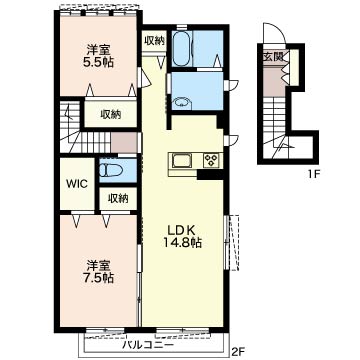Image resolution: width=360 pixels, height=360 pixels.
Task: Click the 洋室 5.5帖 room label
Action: [98, 56]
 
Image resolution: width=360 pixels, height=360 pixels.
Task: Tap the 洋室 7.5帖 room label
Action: [98, 272]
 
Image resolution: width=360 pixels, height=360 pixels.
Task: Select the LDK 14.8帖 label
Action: [182, 237]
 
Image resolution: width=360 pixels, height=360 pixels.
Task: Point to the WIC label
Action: [76, 183]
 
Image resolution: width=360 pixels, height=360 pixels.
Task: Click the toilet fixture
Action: [110, 170]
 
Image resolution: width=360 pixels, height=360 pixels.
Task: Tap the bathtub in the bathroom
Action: [182, 48]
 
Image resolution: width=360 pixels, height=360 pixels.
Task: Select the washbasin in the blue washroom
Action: [182, 102]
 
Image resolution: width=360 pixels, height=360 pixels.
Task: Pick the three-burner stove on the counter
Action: [211, 160]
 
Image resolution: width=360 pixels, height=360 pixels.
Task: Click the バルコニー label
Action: [147, 345]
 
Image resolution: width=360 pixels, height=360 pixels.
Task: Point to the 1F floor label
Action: [312, 173]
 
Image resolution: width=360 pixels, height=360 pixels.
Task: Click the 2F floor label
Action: [239, 351]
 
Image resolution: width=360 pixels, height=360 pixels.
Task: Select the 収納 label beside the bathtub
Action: [154, 40]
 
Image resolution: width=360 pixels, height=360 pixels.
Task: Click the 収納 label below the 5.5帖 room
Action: [111, 115]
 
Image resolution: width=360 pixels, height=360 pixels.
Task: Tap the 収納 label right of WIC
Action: [118, 198]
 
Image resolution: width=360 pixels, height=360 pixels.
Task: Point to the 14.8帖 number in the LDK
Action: [182, 243]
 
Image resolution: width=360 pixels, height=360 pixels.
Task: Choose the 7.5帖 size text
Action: [98, 278]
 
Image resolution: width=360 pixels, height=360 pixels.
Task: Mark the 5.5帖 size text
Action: [98, 62]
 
